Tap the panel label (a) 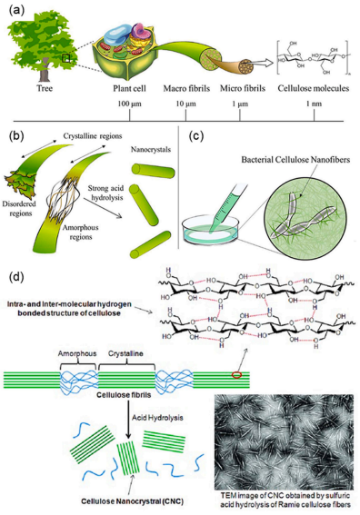[16, 12]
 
